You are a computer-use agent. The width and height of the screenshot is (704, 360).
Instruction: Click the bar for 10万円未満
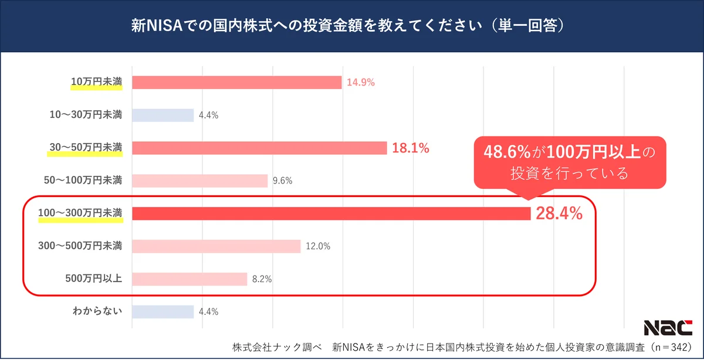pyautogui.click(x=236, y=83)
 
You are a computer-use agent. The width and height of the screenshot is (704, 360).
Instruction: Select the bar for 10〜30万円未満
pyautogui.click(x=163, y=116)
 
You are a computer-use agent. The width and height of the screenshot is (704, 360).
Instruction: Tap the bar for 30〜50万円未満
pyautogui.click(x=259, y=148)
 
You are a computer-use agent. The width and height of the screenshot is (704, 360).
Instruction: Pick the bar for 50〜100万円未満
pyautogui.click(x=199, y=181)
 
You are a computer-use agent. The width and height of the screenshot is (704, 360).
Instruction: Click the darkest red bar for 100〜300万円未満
pyautogui.click(x=331, y=213)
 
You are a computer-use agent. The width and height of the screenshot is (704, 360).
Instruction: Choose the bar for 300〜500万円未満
pyautogui.click(x=216, y=246)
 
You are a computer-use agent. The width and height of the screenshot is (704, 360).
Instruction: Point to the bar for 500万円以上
pyautogui.click(x=189, y=279)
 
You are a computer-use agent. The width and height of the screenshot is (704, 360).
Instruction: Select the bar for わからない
pyautogui.click(x=163, y=311)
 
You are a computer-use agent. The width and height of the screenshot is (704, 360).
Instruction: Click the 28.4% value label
pyautogui.click(x=559, y=214)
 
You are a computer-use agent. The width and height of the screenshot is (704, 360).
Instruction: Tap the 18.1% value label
pyautogui.click(x=411, y=148)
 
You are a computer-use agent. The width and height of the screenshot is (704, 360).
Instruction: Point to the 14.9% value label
pyautogui.click(x=361, y=83)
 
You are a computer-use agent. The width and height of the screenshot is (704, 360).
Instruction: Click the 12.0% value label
pyautogui.click(x=318, y=246)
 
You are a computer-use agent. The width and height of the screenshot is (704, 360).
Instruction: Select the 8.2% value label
pyautogui.click(x=262, y=279)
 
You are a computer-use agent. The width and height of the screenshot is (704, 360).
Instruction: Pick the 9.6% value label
pyautogui.click(x=282, y=181)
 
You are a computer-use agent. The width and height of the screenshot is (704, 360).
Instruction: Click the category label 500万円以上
pyautogui.click(x=94, y=279)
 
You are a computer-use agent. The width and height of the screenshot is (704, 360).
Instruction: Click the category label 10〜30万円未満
pyautogui.click(x=86, y=116)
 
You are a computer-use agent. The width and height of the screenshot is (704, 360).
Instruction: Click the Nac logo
pyautogui.click(x=668, y=328)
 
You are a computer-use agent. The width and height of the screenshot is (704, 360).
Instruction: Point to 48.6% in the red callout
pyautogui.click(x=507, y=152)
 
